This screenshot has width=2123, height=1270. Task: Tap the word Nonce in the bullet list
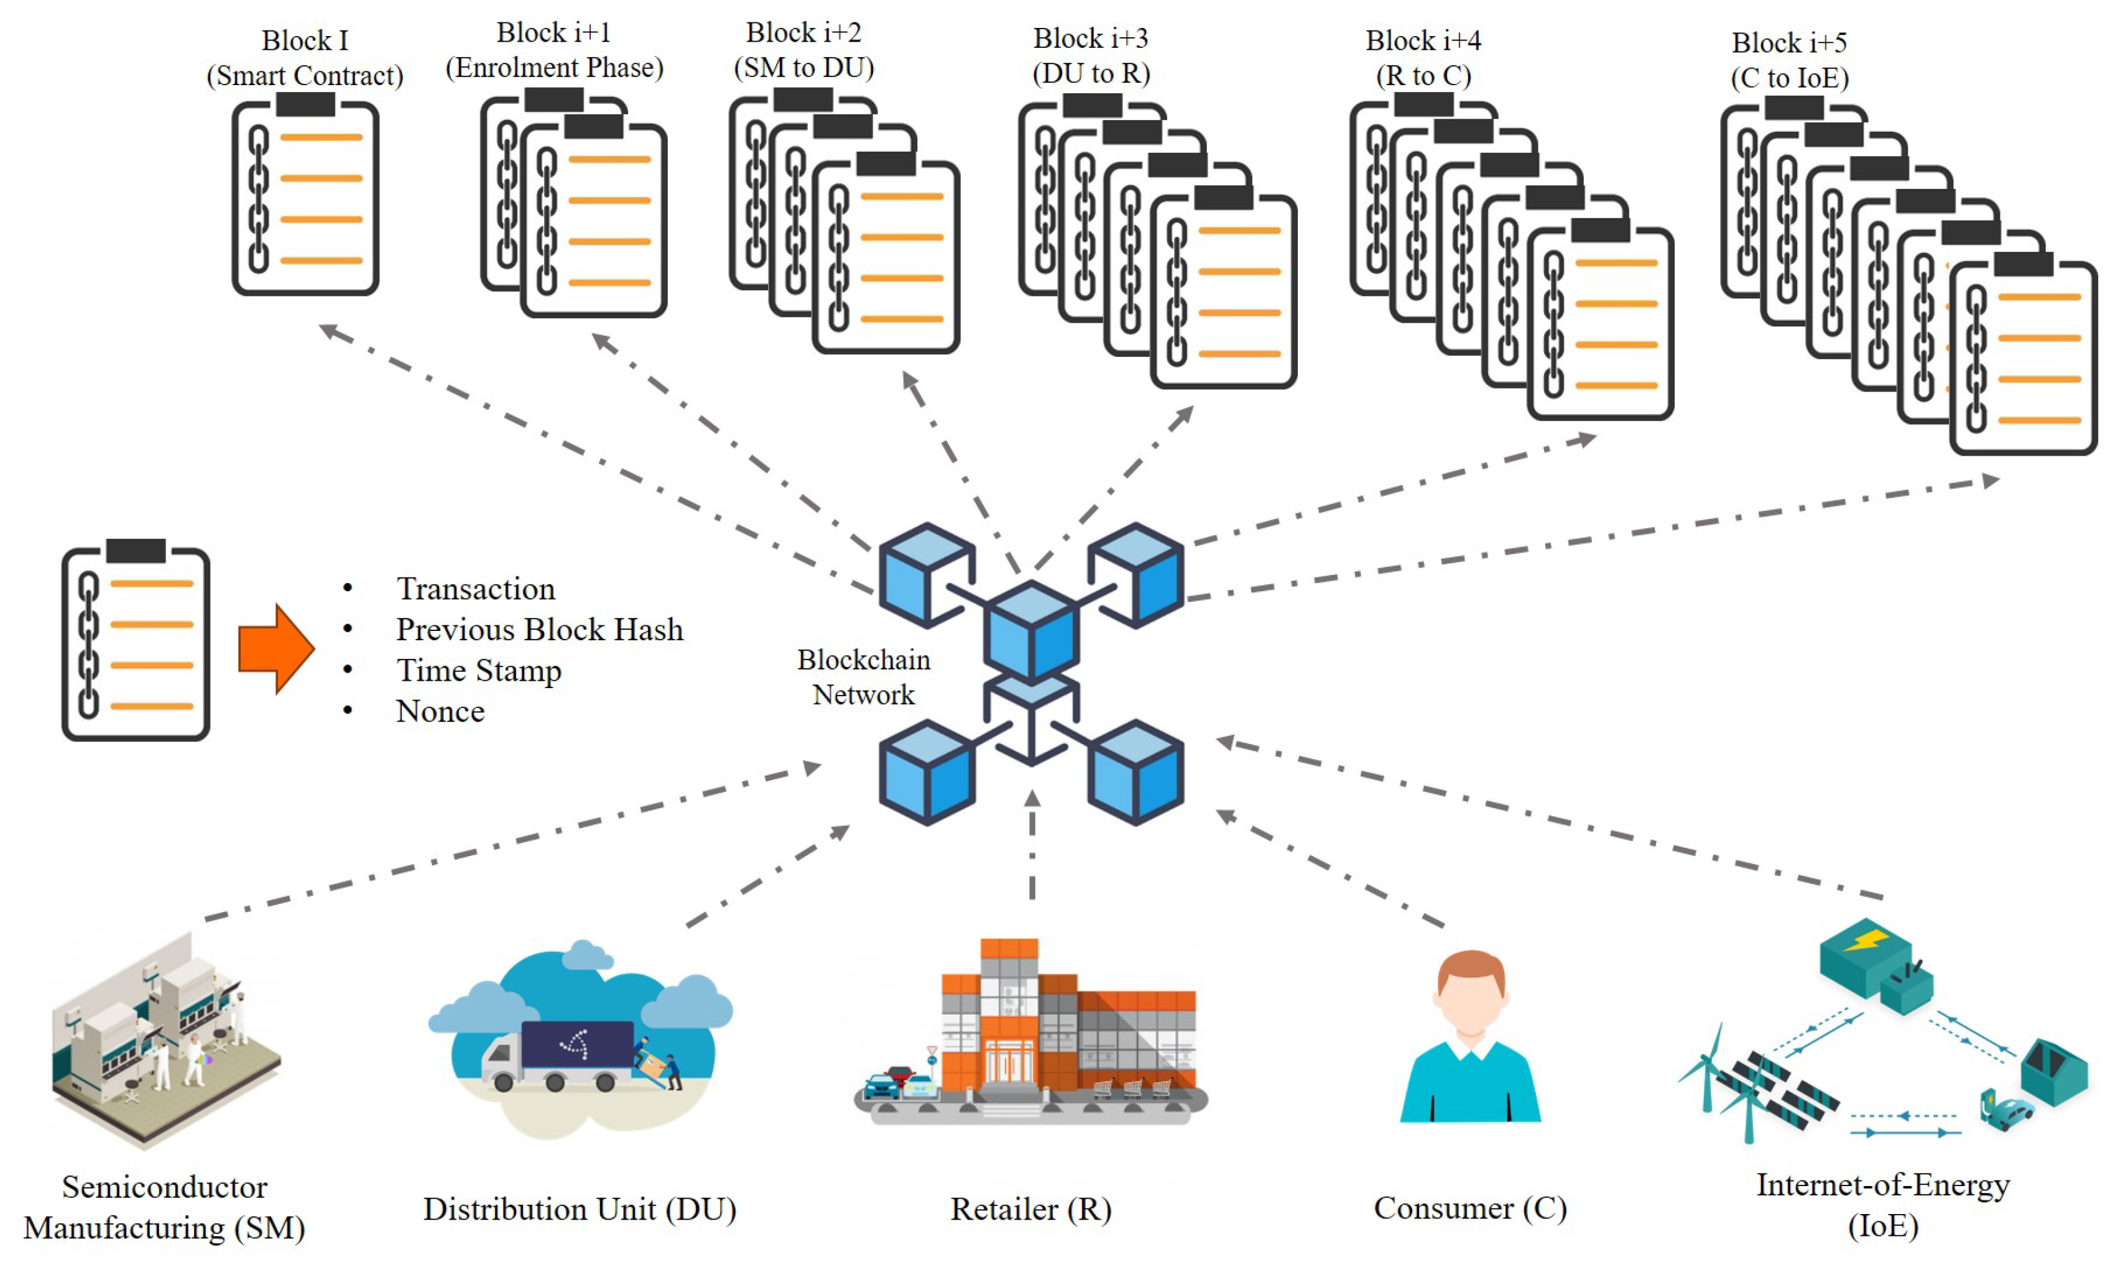(x=440, y=711)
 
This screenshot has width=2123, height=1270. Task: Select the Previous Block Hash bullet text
(x=539, y=630)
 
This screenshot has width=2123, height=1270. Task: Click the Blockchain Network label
(x=864, y=677)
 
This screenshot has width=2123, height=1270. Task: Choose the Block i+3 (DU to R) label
(x=1091, y=55)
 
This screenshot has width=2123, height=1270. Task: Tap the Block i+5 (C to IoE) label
(x=1789, y=60)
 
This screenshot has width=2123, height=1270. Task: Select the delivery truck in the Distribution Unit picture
(x=557, y=1054)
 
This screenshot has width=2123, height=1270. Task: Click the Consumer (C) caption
(x=1470, y=1208)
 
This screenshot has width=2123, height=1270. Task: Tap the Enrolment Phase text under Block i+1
(x=555, y=68)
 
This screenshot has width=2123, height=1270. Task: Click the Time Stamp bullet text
(x=479, y=671)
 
